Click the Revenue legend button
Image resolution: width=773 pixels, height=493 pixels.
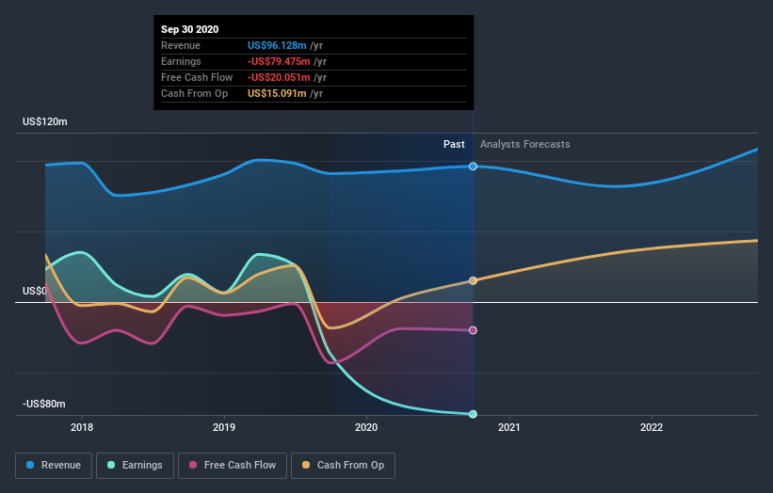55,465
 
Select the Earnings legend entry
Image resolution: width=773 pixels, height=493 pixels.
136,465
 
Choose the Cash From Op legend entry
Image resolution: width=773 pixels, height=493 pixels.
343,465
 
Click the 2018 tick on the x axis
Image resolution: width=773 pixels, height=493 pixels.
82,427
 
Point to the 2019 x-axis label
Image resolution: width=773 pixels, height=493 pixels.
224,427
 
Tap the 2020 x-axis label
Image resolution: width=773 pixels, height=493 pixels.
366,427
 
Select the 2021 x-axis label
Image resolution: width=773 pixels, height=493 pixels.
508,427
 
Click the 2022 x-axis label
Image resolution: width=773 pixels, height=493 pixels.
651,427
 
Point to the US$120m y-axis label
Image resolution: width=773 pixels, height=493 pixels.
45,122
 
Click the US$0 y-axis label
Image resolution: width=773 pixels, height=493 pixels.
35,292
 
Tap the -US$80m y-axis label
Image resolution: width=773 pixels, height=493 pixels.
44,404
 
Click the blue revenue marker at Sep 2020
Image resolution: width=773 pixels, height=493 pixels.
473,167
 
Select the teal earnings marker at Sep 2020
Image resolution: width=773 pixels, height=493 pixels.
473,414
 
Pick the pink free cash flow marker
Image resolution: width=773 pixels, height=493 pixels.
473,330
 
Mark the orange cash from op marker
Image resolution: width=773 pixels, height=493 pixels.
473,280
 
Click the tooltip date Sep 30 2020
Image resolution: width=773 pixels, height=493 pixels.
190,29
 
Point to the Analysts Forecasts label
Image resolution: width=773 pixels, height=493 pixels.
524,144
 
